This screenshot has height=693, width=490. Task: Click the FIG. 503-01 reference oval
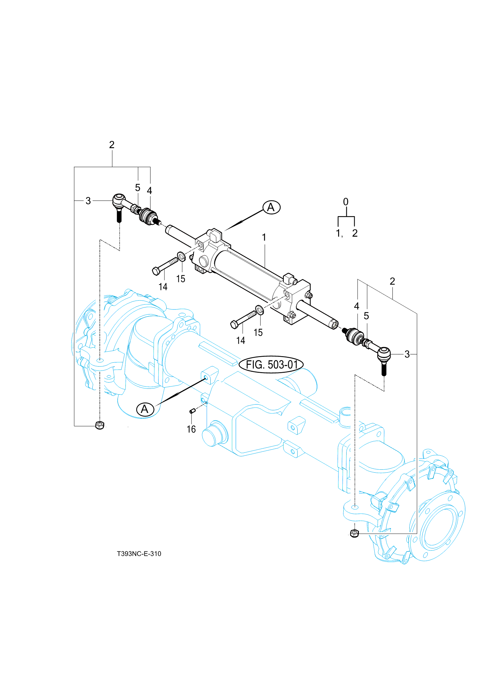[x=271, y=364]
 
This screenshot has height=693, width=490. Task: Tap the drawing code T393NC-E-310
[x=139, y=554]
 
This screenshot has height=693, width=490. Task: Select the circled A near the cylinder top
[x=271, y=207]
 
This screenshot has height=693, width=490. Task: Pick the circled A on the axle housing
[x=145, y=409]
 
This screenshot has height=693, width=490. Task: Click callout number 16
[x=191, y=429]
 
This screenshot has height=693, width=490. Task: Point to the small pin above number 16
[x=192, y=411]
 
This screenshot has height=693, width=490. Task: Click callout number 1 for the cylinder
[x=264, y=237]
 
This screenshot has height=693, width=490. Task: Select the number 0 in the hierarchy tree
[x=346, y=202]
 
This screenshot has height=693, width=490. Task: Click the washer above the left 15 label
[x=182, y=257]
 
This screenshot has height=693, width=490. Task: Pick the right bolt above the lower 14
[x=243, y=319]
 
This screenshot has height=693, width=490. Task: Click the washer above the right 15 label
[x=259, y=310]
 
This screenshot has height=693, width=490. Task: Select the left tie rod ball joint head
[x=119, y=200]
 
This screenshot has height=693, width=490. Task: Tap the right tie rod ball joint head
[x=384, y=354]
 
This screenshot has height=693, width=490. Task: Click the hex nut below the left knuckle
[x=100, y=425]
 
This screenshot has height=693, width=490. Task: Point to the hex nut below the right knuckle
[x=354, y=533]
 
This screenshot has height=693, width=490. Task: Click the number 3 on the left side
[x=88, y=201]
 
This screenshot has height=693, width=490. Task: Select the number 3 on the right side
[x=407, y=354]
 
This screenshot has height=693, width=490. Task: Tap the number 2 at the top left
[x=112, y=145]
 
